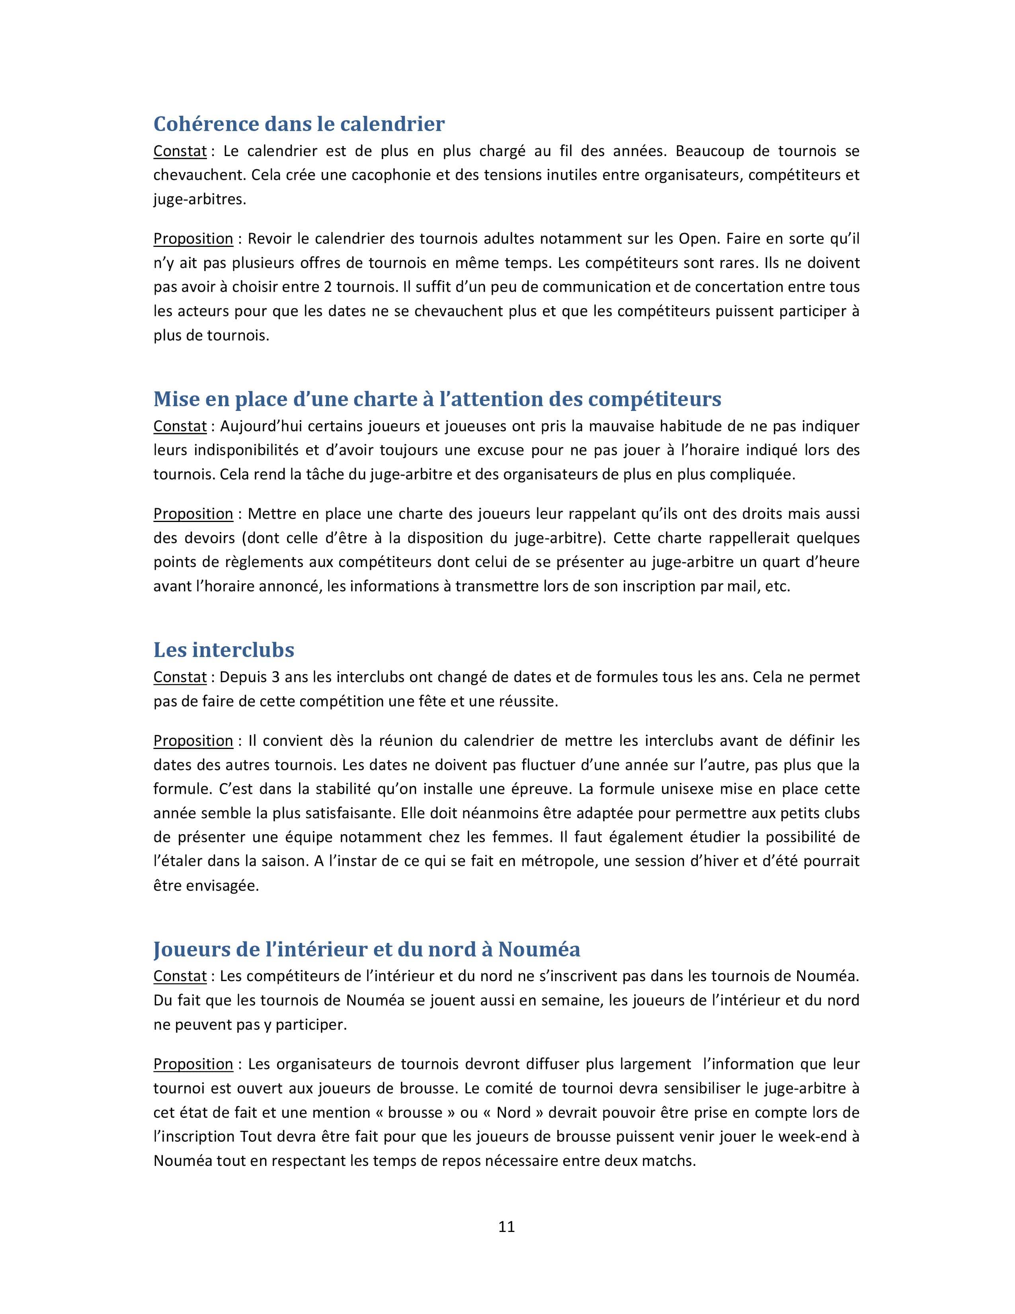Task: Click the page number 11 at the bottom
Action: [506, 1226]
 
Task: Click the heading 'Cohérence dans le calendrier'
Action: [299, 123]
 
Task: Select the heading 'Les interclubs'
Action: [224, 650]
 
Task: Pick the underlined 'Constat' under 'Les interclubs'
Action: [180, 677]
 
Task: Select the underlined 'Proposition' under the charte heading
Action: [193, 514]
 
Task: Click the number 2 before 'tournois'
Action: [328, 287]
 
